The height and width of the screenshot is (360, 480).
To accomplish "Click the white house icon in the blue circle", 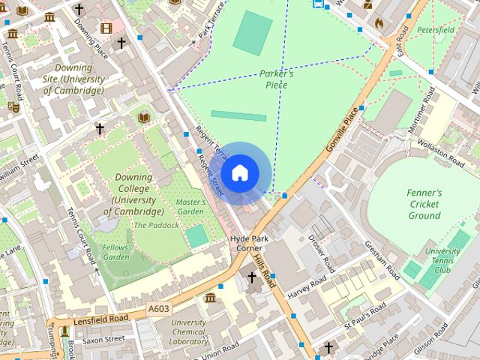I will point(239,173).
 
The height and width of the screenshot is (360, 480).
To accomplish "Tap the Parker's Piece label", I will point(276,79).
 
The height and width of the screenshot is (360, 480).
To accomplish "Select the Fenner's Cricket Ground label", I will point(424,204).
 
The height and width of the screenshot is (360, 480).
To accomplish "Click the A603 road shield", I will point(159,308).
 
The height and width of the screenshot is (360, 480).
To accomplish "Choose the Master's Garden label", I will point(190,207).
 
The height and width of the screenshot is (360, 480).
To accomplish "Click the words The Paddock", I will point(157,225).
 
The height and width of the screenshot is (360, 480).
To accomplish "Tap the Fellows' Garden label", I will point(116,252).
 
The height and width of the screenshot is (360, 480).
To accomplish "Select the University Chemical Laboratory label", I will point(188,332).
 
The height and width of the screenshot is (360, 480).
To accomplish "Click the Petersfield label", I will point(436,30).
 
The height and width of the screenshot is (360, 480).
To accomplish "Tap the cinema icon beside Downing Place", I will point(106,28).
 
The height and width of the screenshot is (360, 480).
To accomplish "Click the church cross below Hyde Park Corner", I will point(252,278).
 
